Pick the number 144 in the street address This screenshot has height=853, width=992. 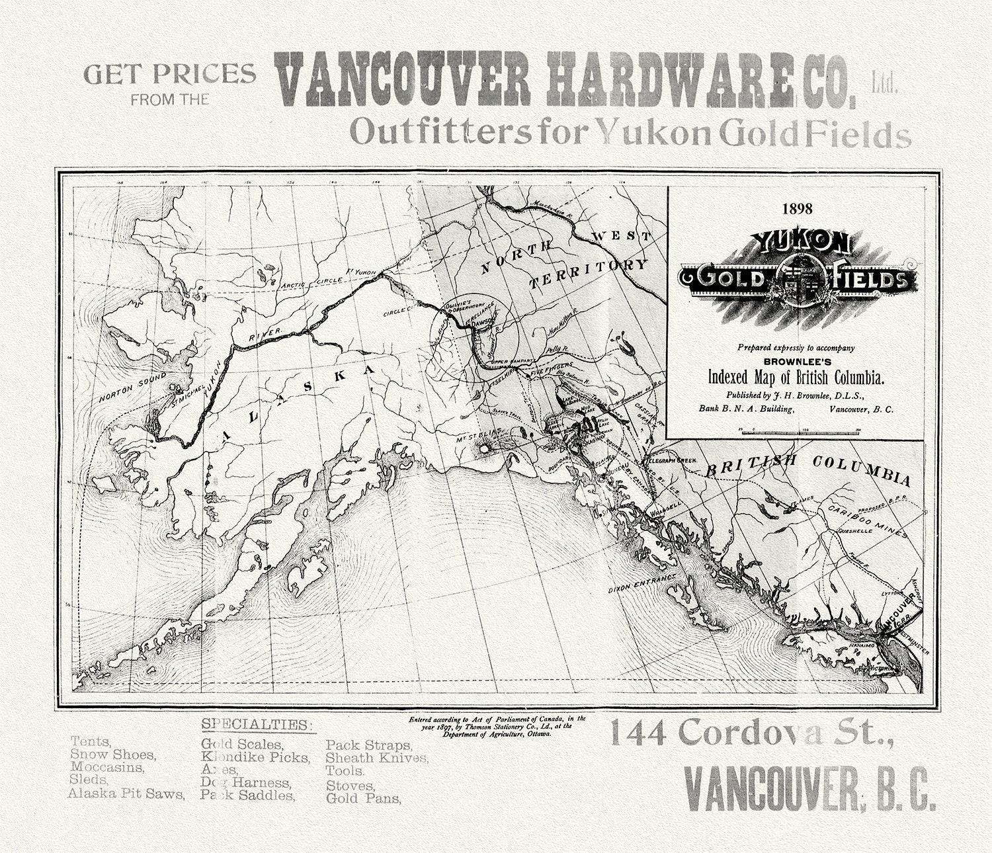point(638,733)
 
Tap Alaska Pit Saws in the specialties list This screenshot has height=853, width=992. point(126,793)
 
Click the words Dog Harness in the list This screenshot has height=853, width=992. point(245,782)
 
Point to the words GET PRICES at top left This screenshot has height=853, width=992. point(169,74)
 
